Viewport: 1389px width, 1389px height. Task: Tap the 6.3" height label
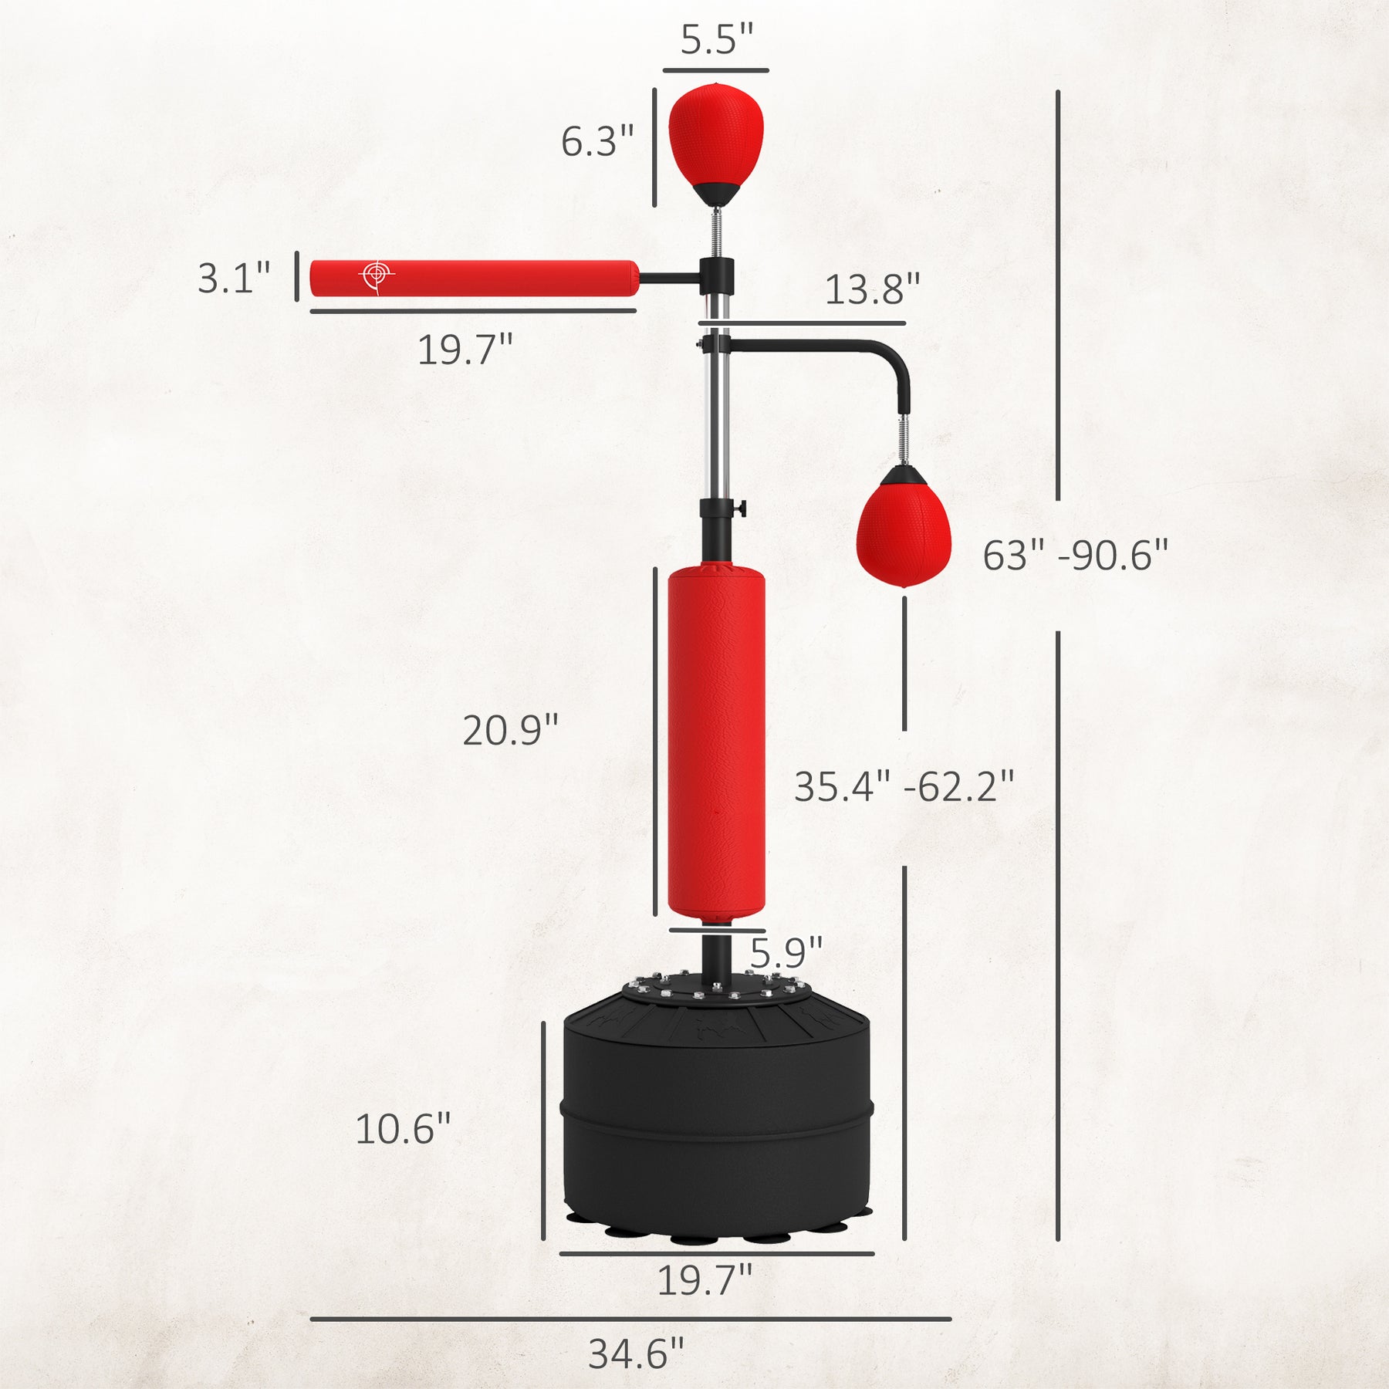tap(596, 141)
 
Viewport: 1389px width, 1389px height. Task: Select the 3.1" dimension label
tap(234, 278)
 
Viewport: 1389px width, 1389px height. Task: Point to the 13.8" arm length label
tap(872, 289)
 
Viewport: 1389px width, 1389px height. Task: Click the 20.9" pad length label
tap(510, 729)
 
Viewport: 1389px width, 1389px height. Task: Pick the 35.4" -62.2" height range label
tap(904, 786)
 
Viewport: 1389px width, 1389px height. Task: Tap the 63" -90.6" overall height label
tap(1075, 555)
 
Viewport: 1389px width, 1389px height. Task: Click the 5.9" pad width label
tap(786, 953)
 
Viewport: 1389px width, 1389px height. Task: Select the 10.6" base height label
tap(402, 1129)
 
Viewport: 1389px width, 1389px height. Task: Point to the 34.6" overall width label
tap(636, 1354)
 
